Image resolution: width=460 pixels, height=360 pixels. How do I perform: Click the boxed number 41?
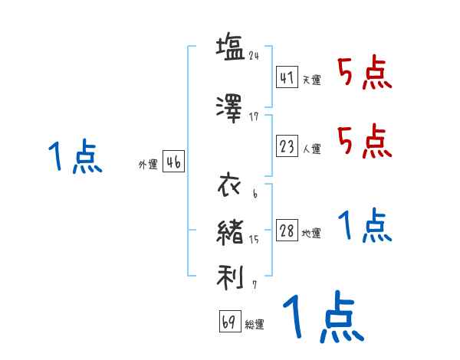[x=287, y=77]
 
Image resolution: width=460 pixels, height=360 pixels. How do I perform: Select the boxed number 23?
[x=287, y=146]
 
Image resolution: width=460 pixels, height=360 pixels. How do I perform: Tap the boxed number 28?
[x=287, y=231]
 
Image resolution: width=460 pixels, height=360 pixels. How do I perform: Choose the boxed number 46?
[x=173, y=162]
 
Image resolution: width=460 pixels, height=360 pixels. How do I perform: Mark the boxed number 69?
[x=229, y=322]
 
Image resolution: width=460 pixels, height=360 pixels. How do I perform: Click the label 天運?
[x=311, y=80]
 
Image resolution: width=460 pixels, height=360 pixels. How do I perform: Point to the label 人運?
[x=311, y=149]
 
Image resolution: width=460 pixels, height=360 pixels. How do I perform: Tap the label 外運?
[x=148, y=165]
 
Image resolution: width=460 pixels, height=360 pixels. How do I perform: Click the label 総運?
[x=255, y=325]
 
